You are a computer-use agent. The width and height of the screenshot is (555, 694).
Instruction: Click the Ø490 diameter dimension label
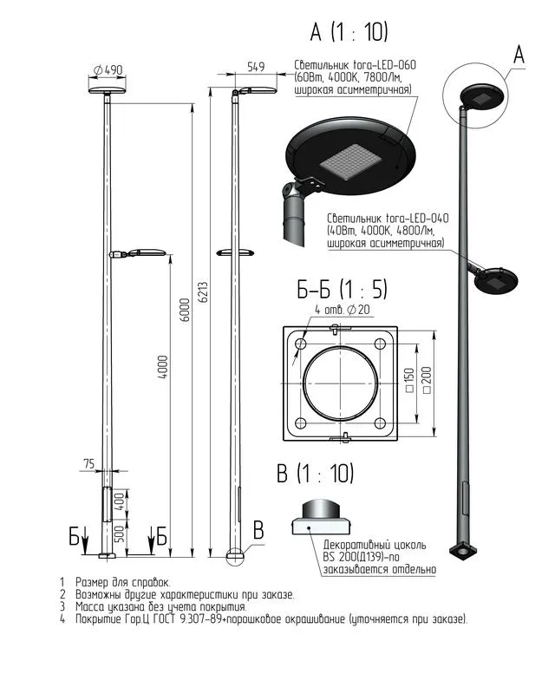108,70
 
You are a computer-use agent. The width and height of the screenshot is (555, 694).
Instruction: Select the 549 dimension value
256,67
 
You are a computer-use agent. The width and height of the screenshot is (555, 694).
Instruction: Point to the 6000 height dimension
186,310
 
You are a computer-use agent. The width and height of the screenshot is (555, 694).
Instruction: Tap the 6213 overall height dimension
203,292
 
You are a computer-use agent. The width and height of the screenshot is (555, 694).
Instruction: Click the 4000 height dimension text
163,366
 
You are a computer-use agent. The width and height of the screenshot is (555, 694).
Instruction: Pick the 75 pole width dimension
89,463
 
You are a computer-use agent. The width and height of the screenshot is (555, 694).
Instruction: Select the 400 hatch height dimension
120,501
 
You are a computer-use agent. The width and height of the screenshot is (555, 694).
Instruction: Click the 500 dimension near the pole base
120,534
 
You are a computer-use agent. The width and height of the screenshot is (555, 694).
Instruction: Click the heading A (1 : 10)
349,32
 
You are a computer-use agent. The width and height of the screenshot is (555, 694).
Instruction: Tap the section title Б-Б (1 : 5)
342,290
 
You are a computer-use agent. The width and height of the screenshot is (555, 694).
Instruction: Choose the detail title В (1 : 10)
315,473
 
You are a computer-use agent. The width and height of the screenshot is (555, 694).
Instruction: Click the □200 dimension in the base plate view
427,380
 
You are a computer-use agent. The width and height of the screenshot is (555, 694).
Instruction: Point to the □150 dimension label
409,380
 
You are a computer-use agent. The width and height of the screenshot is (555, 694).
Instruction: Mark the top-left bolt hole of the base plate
301,344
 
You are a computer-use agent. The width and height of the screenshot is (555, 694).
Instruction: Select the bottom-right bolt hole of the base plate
380,423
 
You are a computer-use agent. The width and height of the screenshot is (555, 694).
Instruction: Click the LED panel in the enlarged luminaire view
349,161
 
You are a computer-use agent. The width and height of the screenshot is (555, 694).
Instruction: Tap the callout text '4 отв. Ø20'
343,310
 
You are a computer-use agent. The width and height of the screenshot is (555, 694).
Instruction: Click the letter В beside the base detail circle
258,530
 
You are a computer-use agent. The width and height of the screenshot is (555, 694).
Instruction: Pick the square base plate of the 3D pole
463,551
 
